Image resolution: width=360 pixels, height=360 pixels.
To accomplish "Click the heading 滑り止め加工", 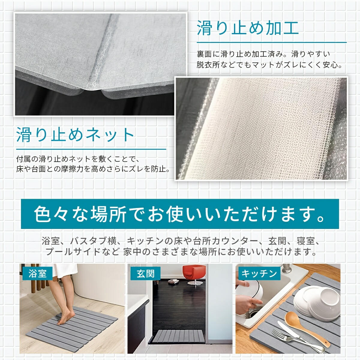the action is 248,28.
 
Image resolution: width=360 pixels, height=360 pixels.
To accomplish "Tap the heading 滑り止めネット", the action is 75,134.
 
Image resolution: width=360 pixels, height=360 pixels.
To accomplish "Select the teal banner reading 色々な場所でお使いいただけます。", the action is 180,214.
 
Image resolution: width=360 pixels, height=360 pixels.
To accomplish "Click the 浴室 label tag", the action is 37,273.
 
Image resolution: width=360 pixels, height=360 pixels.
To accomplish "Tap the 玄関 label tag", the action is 145,273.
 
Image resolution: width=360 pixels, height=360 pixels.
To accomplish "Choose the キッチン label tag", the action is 259,273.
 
